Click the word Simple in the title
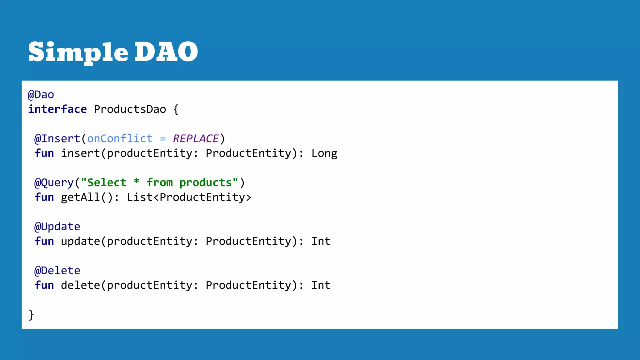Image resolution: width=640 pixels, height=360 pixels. point(78,52)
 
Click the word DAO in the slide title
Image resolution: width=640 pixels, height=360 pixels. point(166,52)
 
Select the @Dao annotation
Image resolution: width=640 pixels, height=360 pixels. point(41,95)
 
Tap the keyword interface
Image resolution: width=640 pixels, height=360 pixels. point(57,109)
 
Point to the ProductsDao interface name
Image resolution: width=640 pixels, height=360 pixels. point(130,109)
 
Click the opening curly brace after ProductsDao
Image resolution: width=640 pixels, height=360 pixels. point(176,110)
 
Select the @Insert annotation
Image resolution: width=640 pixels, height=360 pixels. point(57,139)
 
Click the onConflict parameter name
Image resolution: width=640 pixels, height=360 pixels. point(120,139)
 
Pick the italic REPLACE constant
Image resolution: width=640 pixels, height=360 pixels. point(196,139)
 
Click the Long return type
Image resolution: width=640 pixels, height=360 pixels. point(324,153)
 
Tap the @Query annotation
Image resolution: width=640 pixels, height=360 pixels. point(54,183)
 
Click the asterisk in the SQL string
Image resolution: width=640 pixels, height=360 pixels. point(137,182)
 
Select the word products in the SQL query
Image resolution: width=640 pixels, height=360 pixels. point(205,183)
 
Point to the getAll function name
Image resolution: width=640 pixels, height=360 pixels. point(80,197)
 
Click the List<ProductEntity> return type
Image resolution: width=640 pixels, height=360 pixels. point(189,197)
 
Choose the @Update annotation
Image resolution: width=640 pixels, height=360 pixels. point(57,227)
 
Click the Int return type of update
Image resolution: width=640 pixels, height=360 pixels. point(321,241)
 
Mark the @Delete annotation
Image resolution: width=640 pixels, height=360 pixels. point(57,271)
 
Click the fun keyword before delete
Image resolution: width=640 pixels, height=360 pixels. point(44,285)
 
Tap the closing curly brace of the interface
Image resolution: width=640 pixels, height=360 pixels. point(31,315)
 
